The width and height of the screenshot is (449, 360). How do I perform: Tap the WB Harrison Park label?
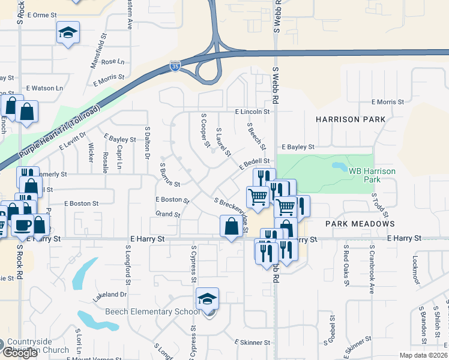click(372, 175)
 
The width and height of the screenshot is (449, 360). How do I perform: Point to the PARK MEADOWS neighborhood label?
click(360, 224)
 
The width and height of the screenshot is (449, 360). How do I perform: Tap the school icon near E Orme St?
click(68, 33)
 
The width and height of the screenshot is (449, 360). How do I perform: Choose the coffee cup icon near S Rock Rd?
click(23, 224)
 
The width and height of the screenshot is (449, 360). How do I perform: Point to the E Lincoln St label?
click(253, 112)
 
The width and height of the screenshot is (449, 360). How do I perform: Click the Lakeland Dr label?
click(110, 295)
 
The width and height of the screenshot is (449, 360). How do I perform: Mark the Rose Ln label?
click(113, 62)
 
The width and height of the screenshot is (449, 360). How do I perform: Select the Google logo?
click(20, 352)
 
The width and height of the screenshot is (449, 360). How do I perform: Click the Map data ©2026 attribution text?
click(423, 355)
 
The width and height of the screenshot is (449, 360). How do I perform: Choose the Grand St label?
click(167, 214)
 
